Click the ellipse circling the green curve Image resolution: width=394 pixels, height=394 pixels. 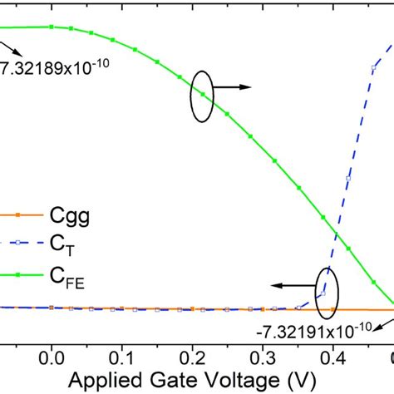pyautogui.click(x=201, y=98)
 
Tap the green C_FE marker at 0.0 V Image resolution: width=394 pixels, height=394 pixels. pyautogui.click(x=52, y=27)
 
